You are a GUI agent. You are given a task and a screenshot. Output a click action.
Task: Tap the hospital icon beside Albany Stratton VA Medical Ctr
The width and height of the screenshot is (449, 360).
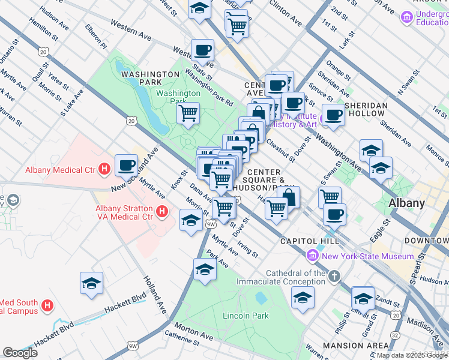click(x=161, y=211)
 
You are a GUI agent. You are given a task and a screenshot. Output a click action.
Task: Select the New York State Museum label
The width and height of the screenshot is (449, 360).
click(x=359, y=257)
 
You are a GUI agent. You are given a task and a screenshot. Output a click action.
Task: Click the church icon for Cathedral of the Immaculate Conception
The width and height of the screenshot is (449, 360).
click(x=334, y=277)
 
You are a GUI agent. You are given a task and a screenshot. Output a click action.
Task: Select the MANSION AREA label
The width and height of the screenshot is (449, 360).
click(x=355, y=346)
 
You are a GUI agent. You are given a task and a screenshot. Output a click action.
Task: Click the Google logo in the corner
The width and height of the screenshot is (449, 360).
click(x=20, y=352)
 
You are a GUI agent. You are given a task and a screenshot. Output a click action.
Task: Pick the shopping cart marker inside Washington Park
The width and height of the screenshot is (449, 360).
click(x=188, y=113)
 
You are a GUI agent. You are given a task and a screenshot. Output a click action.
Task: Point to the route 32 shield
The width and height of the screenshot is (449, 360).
click(x=395, y=334)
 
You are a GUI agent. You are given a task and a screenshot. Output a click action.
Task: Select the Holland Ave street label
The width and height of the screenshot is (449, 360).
click(x=154, y=295)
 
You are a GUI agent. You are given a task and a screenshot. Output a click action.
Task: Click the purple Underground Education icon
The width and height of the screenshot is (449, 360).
click(x=408, y=18)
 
